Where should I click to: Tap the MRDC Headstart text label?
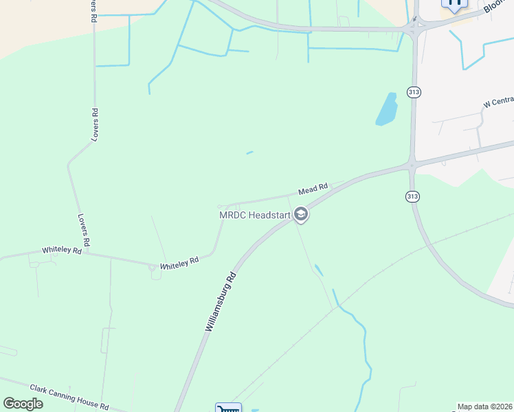[254, 215]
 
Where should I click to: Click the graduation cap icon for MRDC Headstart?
[300, 215]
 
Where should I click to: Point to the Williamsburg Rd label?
[221, 302]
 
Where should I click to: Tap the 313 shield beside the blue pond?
[413, 92]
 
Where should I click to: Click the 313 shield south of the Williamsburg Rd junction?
[412, 196]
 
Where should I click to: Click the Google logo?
[23, 403]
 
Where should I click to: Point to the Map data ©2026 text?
[484, 407]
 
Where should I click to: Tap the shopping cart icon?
[228, 408]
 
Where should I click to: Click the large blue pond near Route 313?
[387, 109]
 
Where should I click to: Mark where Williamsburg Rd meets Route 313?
[411, 165]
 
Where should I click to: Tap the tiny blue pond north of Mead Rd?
[249, 152]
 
